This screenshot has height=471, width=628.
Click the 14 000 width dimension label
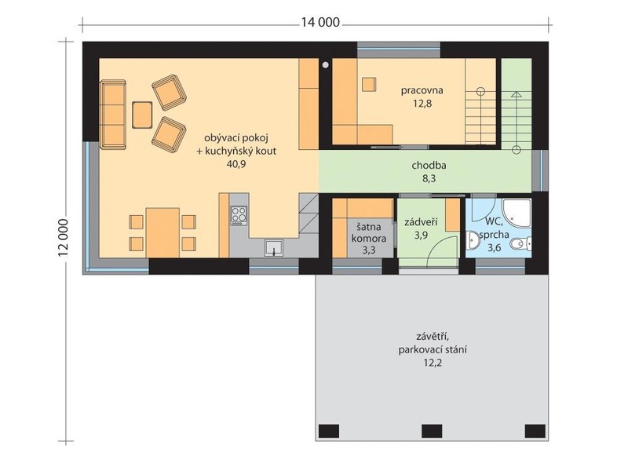tap(320, 23)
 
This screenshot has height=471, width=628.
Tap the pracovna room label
tap(422, 90)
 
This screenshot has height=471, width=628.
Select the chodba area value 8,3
tap(429, 179)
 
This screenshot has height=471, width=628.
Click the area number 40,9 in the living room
tap(236, 164)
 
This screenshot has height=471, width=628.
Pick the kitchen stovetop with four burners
tap(239, 215)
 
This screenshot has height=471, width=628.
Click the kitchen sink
tap(274, 247)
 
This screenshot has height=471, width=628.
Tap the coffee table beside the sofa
tap(142, 115)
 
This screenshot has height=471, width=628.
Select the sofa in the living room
tap(113, 114)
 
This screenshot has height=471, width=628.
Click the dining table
tap(162, 232)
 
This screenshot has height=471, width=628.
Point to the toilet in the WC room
tap(522, 243)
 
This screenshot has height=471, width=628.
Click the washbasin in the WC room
tap(473, 240)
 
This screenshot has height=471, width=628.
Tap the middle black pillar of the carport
tap(432, 431)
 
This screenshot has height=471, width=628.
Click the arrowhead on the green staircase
tap(517, 95)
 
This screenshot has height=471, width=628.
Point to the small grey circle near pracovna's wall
tap(325, 64)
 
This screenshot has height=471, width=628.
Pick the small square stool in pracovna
tap(369, 85)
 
